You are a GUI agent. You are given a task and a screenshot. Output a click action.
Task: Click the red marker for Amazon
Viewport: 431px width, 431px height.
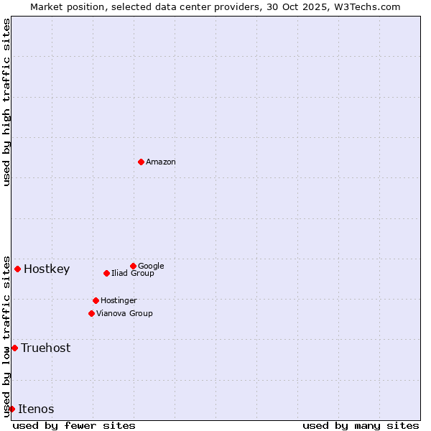[x=141, y=162]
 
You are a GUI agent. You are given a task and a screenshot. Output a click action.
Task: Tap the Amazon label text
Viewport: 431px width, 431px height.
[x=160, y=162]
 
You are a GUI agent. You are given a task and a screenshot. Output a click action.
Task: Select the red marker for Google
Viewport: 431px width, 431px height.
[x=133, y=266]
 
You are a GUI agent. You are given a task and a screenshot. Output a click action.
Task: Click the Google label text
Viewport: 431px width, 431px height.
[x=151, y=266]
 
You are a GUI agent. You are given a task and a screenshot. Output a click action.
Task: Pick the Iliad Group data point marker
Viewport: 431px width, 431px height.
[x=106, y=273]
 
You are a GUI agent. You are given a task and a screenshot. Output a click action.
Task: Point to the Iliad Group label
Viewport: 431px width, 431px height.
[x=132, y=274]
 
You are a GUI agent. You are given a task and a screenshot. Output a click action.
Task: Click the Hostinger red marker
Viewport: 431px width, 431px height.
[x=96, y=300]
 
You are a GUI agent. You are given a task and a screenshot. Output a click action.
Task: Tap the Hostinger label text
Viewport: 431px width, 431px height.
[x=119, y=300]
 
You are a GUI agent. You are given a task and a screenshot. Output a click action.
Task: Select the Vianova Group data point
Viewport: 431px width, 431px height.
[x=91, y=313]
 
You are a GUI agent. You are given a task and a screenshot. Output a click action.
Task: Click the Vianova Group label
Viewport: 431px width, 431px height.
[x=124, y=313]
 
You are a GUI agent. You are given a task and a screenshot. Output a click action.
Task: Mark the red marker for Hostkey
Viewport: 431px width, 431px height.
[x=17, y=269]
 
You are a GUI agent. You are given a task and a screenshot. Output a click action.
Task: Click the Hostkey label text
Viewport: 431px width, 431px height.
[x=47, y=269]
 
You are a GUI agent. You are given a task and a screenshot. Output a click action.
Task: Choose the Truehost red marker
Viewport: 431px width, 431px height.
[x=14, y=348]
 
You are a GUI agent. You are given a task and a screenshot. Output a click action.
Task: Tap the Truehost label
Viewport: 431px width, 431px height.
[x=45, y=348]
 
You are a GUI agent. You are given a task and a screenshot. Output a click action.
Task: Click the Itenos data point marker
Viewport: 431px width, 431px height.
[x=11, y=409]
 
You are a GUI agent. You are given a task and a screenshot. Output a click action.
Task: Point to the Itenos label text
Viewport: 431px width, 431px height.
[x=36, y=409]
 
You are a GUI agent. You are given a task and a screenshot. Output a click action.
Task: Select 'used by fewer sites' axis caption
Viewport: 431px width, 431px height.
[x=74, y=425]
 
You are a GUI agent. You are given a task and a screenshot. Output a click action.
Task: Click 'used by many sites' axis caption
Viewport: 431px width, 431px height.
[x=361, y=425]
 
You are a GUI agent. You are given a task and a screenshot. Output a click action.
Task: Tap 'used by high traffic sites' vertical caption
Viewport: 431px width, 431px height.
[x=6, y=102]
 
